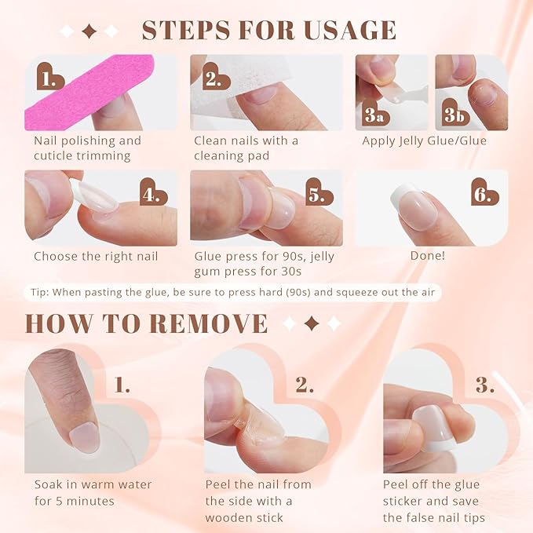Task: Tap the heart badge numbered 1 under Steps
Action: pos(51,77)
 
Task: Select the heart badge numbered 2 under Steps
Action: pos(213,77)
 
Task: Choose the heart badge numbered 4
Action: pos(154,192)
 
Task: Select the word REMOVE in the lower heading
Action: pos(206,323)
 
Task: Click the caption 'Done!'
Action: pos(427,257)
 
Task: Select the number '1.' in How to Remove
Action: pos(122,385)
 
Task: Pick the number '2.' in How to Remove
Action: pos(304,385)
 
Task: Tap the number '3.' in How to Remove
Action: pos(484,385)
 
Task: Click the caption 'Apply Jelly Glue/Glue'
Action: pos(424,141)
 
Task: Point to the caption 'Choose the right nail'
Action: pos(96,257)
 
